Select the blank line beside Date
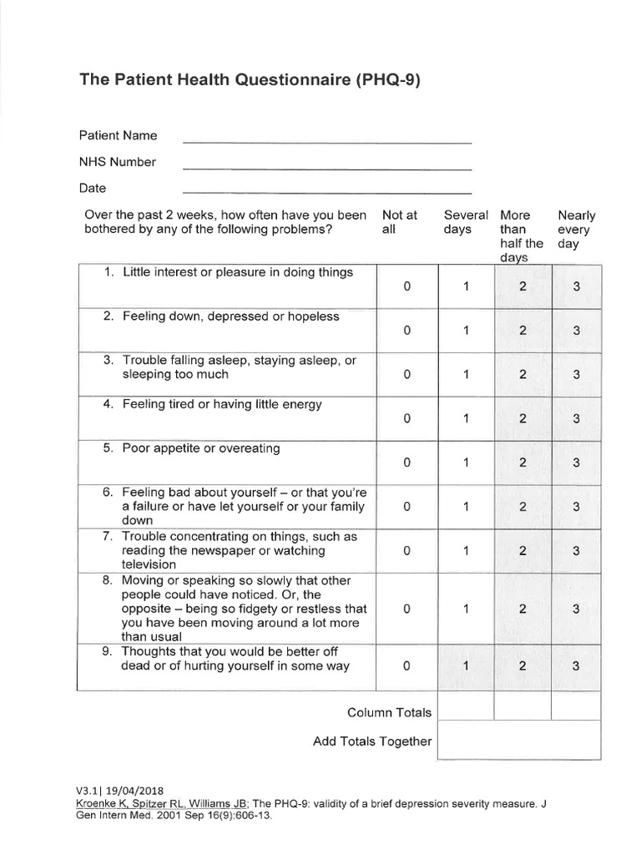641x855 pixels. tap(327, 192)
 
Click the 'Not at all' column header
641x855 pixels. tap(400, 222)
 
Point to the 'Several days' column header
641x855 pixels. tap(465, 222)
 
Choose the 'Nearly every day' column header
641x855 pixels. tap(576, 230)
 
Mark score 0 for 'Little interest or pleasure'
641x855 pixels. tap(406, 286)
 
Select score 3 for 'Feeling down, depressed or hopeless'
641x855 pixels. tap(576, 331)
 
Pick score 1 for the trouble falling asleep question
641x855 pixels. tap(466, 375)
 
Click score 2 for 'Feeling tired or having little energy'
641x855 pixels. tap(522, 419)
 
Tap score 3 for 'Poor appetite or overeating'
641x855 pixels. tap(576, 463)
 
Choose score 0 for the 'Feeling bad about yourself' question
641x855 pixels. tap(406, 506)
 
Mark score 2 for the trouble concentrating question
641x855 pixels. tap(522, 550)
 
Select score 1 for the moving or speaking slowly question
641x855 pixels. tap(466, 609)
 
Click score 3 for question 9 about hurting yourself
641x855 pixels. tap(576, 665)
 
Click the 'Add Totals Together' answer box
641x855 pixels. tap(517, 740)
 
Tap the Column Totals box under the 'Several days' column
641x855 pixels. tap(465, 707)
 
